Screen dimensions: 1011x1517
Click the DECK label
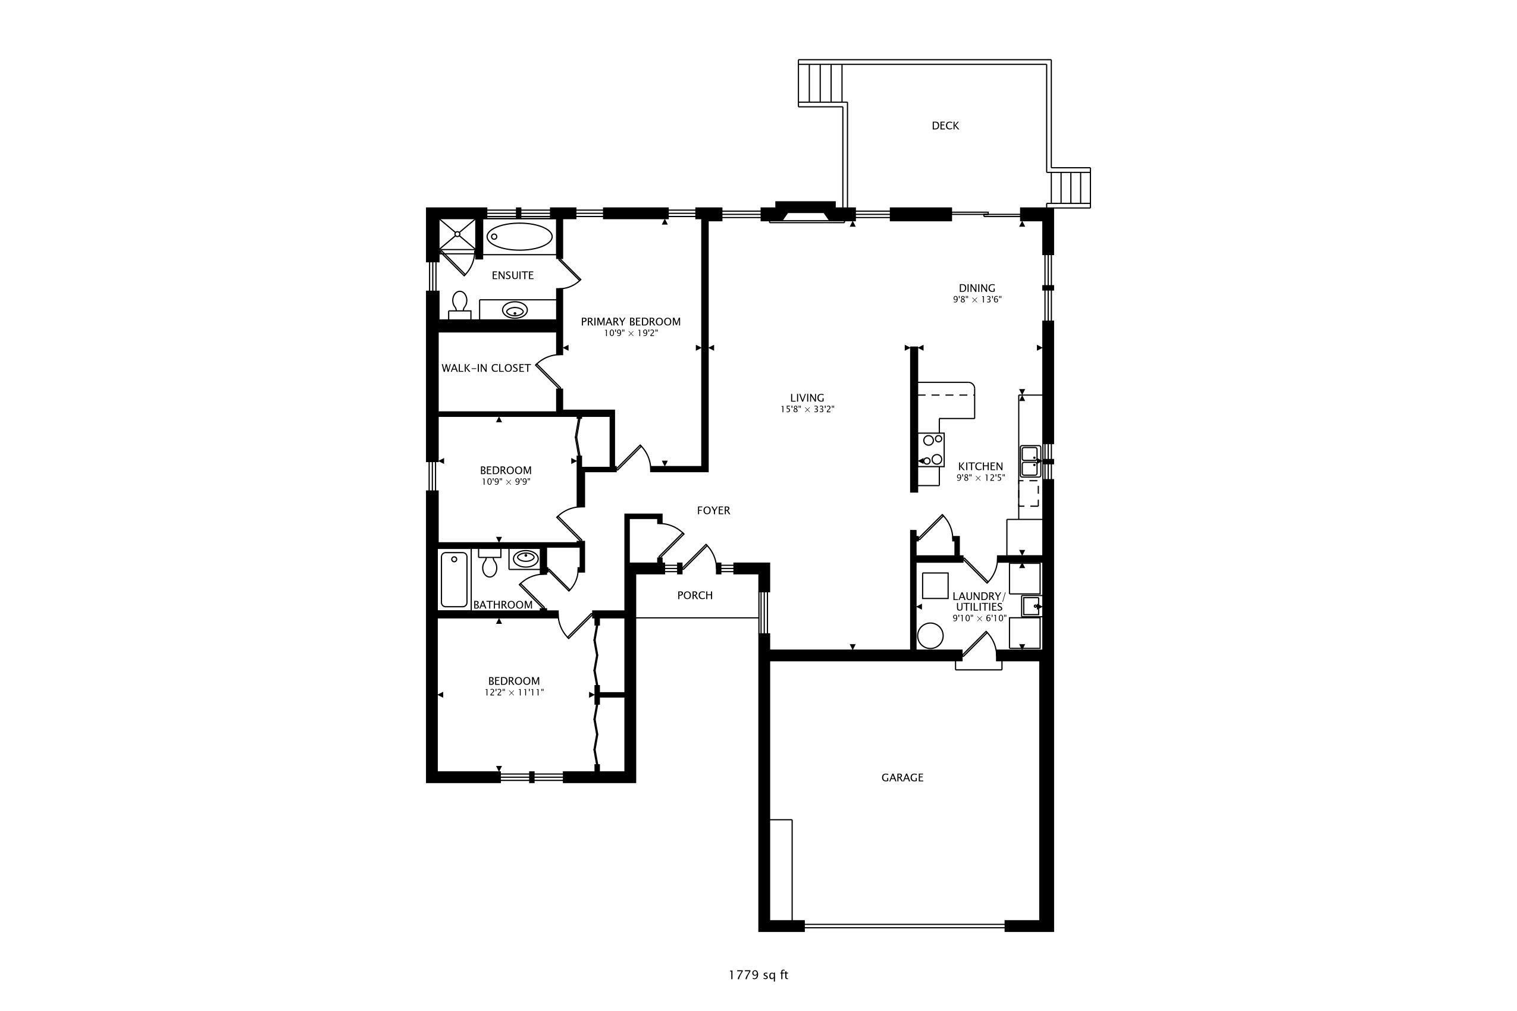click(x=945, y=125)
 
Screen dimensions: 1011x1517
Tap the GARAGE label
click(x=902, y=778)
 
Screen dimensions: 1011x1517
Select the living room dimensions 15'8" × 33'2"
click(x=807, y=409)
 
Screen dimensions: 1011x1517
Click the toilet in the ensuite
click(x=460, y=304)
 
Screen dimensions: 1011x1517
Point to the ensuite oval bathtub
click(x=519, y=237)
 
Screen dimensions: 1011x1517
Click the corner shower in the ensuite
click(x=457, y=235)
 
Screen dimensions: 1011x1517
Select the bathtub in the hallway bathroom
click(x=454, y=580)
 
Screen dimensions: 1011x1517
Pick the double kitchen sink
click(x=1029, y=461)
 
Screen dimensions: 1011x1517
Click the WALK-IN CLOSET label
click(x=485, y=368)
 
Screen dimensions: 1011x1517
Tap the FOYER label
click(x=713, y=511)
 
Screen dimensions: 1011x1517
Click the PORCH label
click(x=695, y=595)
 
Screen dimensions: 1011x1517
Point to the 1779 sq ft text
click(x=758, y=975)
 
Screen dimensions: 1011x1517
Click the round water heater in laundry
click(x=930, y=636)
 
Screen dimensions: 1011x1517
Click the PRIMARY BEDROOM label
click(x=630, y=322)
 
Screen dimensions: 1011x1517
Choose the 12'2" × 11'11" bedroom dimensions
click(x=514, y=692)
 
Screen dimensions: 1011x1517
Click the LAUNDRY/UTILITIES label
click(x=979, y=602)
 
